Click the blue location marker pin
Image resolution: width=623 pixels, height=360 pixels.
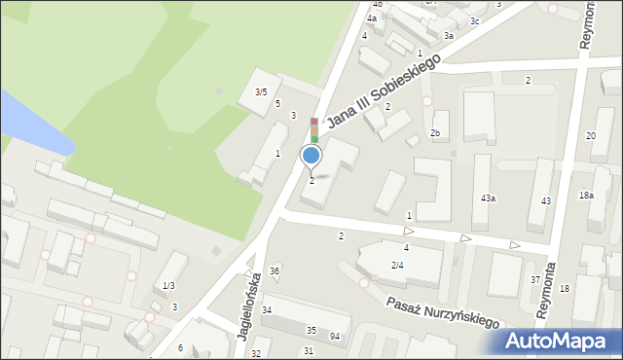[311, 155]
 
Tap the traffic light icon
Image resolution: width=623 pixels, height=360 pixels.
[314, 130]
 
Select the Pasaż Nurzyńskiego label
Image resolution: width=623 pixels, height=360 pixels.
[441, 310]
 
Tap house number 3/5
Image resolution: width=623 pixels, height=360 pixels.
[261, 92]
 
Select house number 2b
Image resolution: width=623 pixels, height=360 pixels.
[436, 133]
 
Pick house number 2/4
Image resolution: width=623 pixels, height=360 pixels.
[397, 266]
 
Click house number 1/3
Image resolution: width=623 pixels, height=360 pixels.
[168, 285]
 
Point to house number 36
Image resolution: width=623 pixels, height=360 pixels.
[275, 271]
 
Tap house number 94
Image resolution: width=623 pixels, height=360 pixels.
[335, 337]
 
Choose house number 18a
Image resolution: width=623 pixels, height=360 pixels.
[586, 196]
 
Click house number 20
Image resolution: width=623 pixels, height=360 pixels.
[591, 136]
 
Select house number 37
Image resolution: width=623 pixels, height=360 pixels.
[535, 280]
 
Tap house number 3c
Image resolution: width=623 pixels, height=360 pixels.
[475, 21]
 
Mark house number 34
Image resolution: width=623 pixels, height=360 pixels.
[267, 310]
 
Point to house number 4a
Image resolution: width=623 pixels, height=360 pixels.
[372, 18]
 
